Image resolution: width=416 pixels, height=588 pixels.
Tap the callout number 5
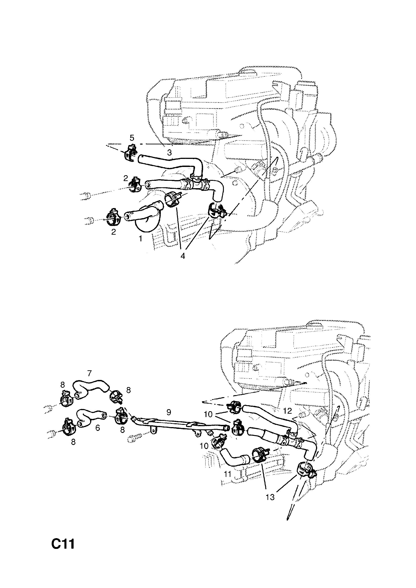pyautogui.click(x=132, y=138)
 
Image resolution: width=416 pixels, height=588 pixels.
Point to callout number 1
pyautogui.click(x=140, y=238)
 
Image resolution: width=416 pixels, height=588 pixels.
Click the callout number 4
pyautogui.click(x=183, y=256)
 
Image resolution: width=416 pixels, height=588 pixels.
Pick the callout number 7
pyautogui.click(x=89, y=373)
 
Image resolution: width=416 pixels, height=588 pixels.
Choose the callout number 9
pyautogui.click(x=168, y=412)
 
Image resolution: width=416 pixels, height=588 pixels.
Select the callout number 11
pyautogui.click(x=227, y=474)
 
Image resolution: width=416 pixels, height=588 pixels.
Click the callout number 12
pyautogui.click(x=288, y=411)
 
